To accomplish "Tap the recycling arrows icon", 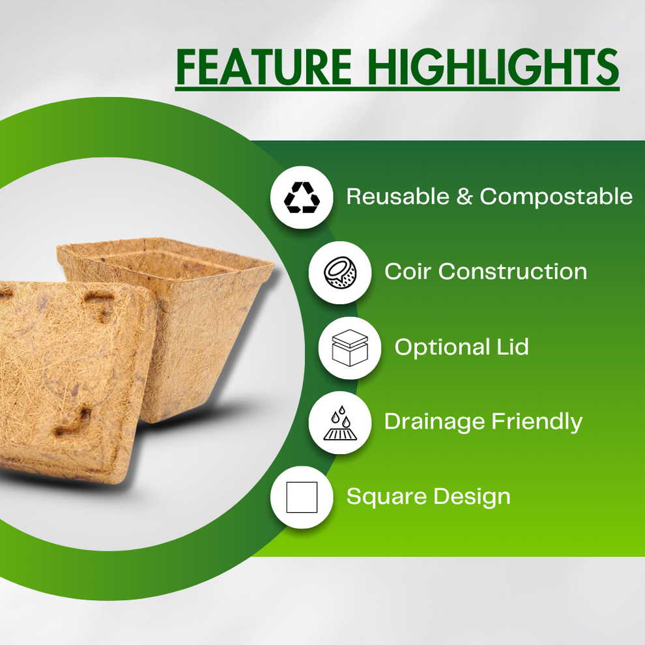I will point(302,197).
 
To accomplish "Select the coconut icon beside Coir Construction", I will point(339,272).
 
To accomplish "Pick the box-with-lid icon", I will point(350,348).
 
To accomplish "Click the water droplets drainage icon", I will point(339,423).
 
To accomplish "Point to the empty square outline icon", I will point(302,498).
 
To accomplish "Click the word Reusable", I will point(397,196).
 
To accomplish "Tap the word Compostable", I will point(556,196).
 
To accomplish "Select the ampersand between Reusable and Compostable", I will point(464,196).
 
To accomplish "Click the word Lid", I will point(511,347).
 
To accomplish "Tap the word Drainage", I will point(435,422).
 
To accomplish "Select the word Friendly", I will point(536,422).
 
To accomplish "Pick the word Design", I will point(472,497).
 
